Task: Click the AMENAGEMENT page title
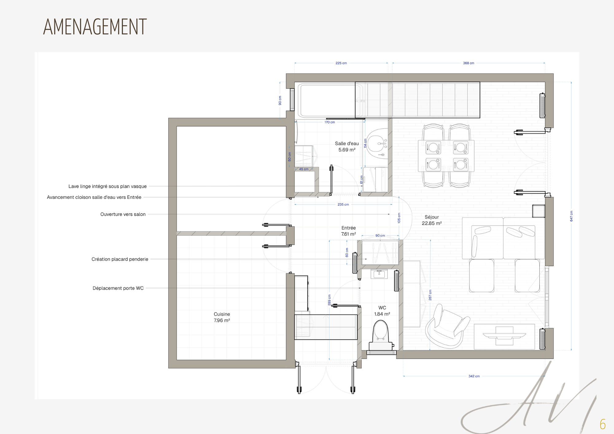pos(95,27)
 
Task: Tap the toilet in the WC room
pos(381,335)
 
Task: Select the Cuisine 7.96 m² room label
pos(222,317)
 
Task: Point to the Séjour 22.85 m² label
pos(432,220)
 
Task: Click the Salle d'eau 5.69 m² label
pos(347,146)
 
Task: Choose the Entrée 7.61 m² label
pos(348,231)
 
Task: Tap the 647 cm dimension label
pos(571,216)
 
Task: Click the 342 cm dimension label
pos(474,376)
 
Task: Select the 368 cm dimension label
pos(468,63)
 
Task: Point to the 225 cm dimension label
pos(341,63)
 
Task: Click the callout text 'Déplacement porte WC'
pos(118,288)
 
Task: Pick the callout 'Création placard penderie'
pos(120,259)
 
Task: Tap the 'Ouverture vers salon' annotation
pos(123,214)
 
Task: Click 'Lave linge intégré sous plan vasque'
pos(107,186)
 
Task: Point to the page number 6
pos(603,424)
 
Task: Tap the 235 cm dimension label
pos(343,204)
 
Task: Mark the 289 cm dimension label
pos(329,300)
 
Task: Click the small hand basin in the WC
pos(379,274)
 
